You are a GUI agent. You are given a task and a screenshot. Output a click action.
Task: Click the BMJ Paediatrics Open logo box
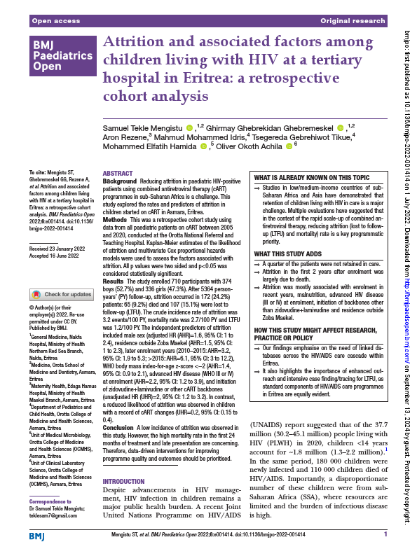[61, 56]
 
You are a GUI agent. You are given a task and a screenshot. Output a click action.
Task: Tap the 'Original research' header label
[353, 22]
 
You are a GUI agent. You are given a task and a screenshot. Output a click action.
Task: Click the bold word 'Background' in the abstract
[120, 181]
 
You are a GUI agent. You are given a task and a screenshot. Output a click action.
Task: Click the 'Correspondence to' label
[48, 503]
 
